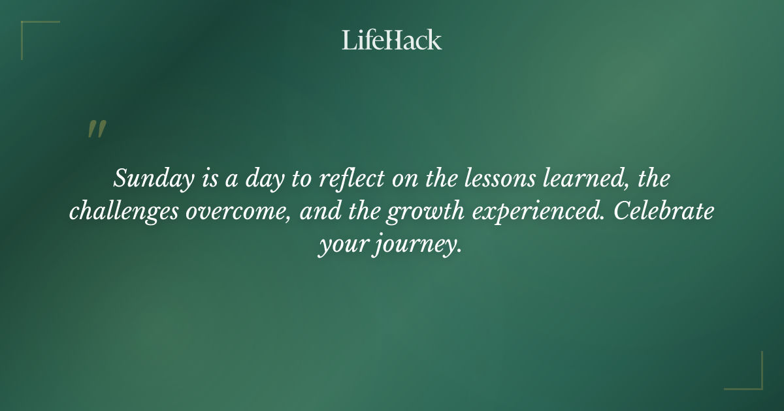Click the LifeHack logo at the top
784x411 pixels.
tap(391, 40)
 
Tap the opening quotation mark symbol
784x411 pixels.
tap(97, 129)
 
